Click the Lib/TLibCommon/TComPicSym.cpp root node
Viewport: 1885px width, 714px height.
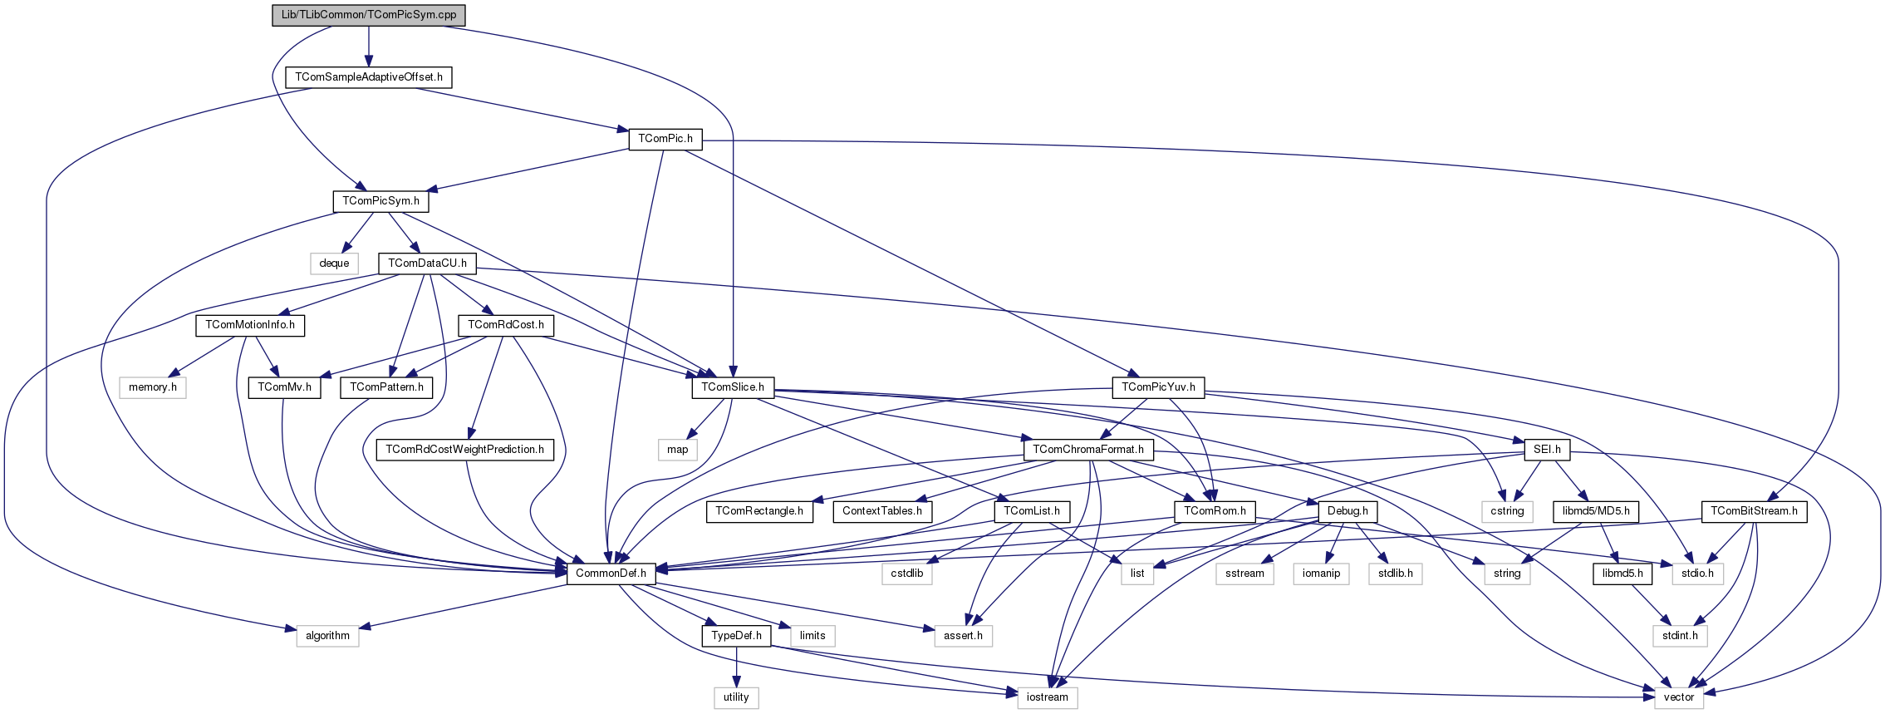click(369, 15)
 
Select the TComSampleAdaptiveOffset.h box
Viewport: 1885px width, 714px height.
click(369, 77)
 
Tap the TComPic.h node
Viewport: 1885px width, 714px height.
click(665, 139)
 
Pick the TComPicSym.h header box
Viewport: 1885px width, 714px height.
click(380, 201)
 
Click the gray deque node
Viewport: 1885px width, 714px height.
click(334, 263)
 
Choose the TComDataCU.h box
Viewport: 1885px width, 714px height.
click(427, 263)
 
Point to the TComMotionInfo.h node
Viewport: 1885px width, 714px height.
click(250, 325)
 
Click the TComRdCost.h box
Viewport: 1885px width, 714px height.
click(505, 325)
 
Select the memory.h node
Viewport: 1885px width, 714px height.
click(153, 387)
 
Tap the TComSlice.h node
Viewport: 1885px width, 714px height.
click(733, 387)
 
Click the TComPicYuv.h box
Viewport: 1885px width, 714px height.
click(1158, 387)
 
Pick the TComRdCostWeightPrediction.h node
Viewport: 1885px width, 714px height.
click(464, 450)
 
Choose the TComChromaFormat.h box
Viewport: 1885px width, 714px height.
click(1088, 450)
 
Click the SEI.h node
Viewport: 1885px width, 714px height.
click(1547, 450)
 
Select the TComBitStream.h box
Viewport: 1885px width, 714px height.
click(1754, 511)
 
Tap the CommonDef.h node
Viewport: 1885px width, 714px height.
click(611, 574)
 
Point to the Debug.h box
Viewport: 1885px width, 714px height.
click(1347, 511)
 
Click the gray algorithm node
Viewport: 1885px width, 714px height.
click(327, 636)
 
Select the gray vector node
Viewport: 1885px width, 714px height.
click(1678, 697)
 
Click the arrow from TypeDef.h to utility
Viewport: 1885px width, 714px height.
click(736, 667)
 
